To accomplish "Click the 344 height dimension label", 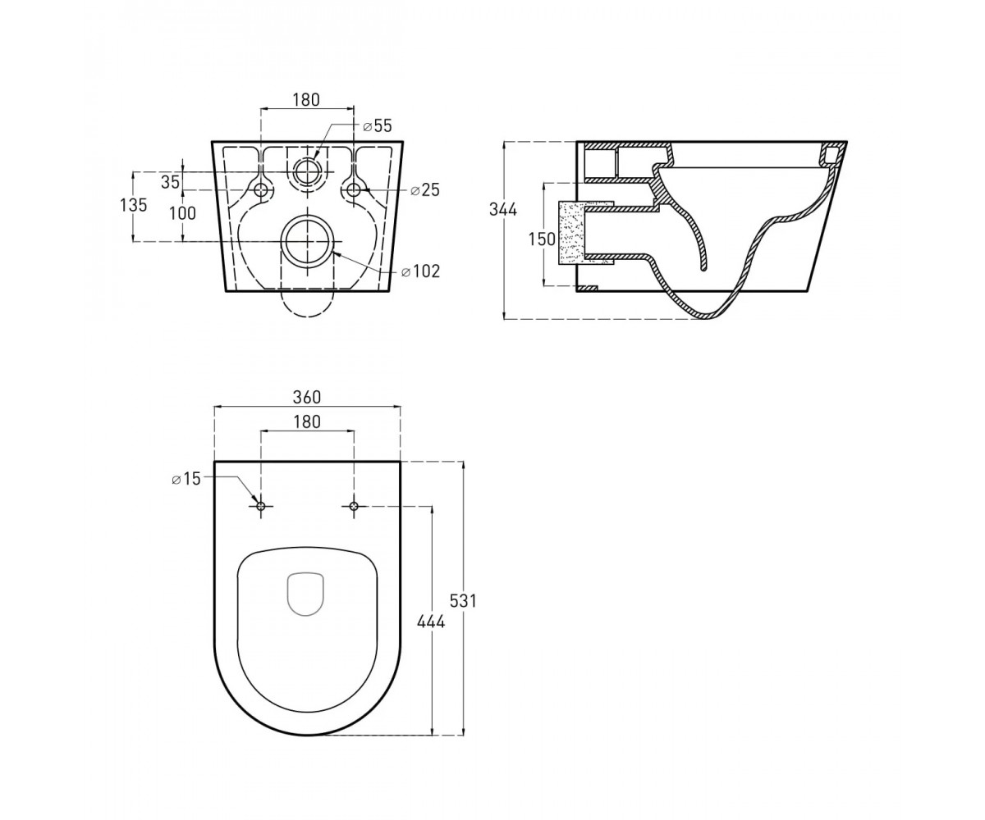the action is [503, 209].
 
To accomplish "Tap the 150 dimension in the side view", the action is [542, 239].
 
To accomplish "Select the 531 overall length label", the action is [463, 601].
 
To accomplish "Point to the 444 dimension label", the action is [431, 622].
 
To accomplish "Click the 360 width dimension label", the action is [307, 397].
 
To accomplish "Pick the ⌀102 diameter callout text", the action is [420, 271].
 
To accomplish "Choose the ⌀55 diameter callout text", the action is [378, 125].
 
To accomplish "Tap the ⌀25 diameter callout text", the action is [424, 190].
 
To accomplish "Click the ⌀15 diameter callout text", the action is [186, 479].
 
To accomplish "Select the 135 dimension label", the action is [134, 205].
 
